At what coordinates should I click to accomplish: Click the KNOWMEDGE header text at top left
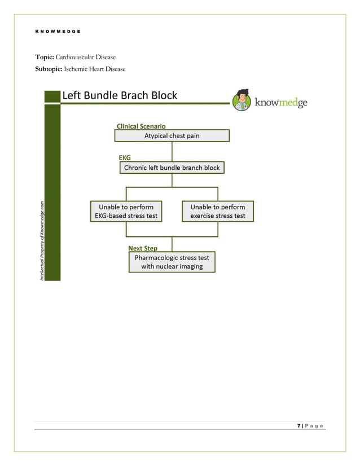pos(58,31)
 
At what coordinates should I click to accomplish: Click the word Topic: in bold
pos(45,57)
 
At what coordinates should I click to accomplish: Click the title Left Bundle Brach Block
pos(120,95)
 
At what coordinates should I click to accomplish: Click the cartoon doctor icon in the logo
pos(242,100)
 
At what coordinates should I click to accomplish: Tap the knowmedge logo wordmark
pos(281,103)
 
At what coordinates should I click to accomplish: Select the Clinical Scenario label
pos(141,126)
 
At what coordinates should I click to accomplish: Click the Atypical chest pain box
pos(172,135)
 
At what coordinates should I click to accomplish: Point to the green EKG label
pos(124,159)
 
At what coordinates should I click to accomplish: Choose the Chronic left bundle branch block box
pos(172,168)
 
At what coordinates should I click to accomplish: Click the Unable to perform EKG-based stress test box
pos(126,211)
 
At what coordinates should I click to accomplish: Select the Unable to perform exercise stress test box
pos(217,211)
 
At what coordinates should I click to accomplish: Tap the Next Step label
pos(143,248)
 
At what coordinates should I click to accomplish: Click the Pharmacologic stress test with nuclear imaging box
pos(172,262)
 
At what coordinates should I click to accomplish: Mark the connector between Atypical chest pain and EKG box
pos(172,151)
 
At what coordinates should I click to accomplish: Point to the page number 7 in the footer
pos(298,425)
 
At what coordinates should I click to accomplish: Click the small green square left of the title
pos(52,96)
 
